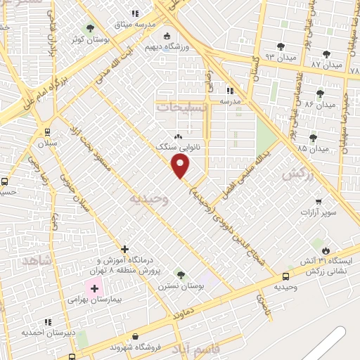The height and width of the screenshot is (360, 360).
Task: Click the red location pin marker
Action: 181,166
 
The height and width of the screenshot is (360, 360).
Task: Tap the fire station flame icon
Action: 325,250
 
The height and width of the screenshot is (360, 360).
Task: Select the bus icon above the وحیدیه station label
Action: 285,277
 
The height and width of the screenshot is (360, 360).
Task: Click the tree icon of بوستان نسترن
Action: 181,275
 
